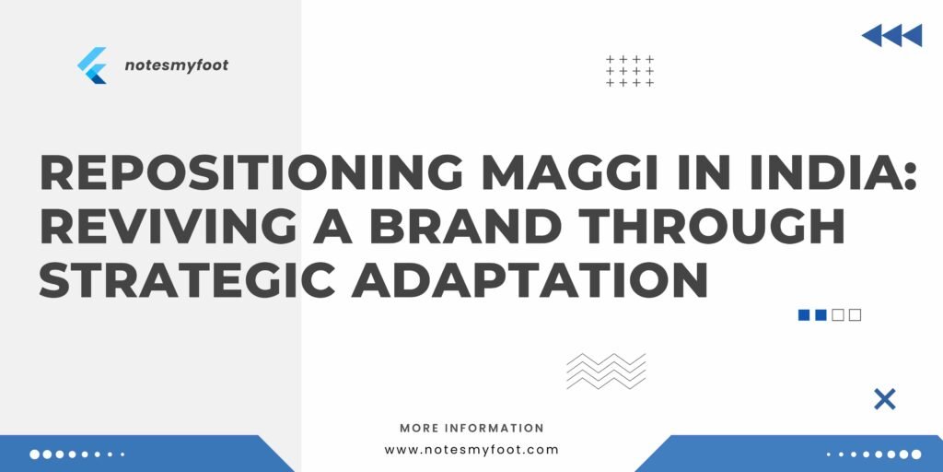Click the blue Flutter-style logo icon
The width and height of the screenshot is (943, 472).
tap(92, 65)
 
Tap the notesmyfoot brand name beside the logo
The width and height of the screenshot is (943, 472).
tap(176, 65)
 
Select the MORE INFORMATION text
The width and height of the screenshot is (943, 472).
tap(471, 428)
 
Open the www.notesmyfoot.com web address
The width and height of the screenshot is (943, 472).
tap(471, 450)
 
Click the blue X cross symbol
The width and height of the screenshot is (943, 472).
tap(884, 399)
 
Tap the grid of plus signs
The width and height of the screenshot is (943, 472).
tap(630, 71)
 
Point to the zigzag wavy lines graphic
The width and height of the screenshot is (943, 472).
tap(606, 371)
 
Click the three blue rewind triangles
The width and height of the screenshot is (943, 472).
tap(891, 36)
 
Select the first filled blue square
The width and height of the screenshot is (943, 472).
tap(804, 315)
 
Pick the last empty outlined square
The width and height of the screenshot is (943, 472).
tap(856, 315)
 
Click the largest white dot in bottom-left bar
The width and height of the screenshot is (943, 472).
tap(35, 454)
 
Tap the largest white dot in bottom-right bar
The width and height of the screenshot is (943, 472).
tap(916, 454)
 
